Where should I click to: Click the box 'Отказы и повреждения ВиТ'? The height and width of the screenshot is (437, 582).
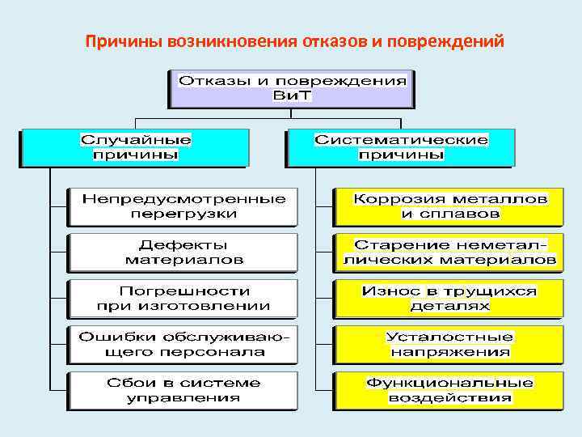coord(292,88)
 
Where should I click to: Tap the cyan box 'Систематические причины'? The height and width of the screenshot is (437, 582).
coord(401,146)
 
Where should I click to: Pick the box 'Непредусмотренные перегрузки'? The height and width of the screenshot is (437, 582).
coord(183,207)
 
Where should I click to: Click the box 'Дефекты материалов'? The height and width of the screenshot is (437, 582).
coord(183,252)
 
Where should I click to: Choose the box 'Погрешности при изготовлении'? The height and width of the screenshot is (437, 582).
coord(183,298)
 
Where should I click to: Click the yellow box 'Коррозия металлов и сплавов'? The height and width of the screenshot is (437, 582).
coord(449,207)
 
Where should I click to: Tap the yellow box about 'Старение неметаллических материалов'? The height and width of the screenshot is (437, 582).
coord(449,252)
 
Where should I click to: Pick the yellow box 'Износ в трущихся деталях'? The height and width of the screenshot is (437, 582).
coord(449,298)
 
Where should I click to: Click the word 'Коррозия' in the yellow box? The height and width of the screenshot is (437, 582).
coord(392,198)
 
